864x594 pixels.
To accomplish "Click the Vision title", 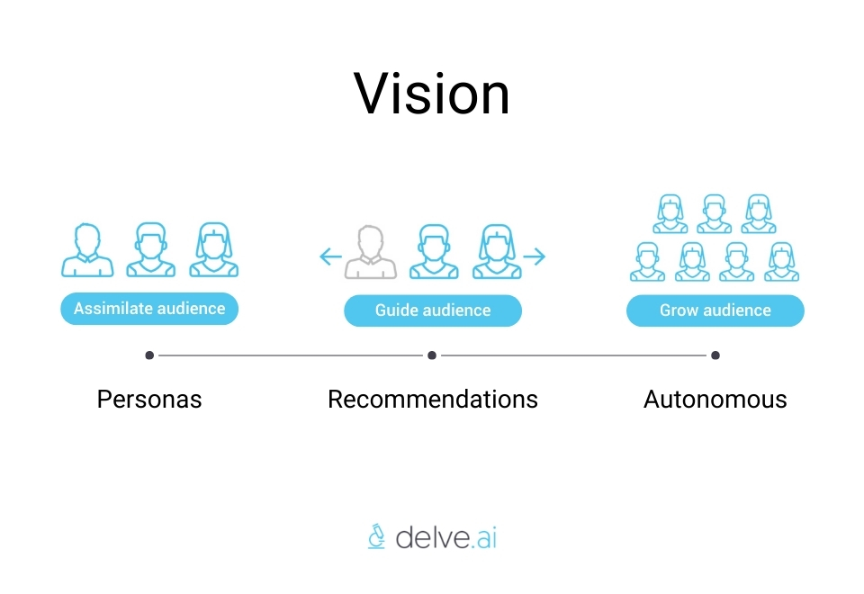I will tap(432, 94).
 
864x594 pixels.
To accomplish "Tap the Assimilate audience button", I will tap(149, 309).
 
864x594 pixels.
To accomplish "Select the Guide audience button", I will tap(433, 310).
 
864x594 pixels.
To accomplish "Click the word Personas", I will tap(149, 399).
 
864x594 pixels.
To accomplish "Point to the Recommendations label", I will tap(433, 399).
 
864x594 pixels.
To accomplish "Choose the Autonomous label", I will tap(715, 399).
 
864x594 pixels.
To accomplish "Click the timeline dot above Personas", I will tap(149, 355).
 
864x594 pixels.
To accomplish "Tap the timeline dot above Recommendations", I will tap(432, 355).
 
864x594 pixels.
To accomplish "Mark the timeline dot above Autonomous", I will tap(715, 355).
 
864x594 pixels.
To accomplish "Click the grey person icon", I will tap(371, 253).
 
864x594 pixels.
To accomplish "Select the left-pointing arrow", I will tap(330, 257).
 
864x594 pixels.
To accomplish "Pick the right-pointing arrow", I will tap(535, 257).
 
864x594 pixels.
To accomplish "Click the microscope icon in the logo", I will tap(377, 536).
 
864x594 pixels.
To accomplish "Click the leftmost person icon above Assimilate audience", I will tap(87, 249).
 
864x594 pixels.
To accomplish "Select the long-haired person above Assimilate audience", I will tap(214, 249).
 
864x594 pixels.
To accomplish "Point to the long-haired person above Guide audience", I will tap(498, 253).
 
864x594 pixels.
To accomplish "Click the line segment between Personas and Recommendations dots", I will tap(291, 355).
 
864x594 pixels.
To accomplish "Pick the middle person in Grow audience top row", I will tap(714, 214).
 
